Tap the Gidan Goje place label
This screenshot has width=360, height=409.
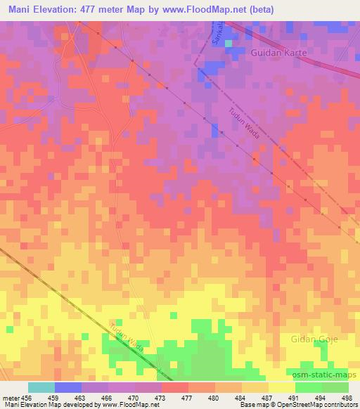click(314, 339)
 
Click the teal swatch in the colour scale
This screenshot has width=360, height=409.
click(41, 387)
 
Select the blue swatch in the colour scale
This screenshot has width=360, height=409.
click(68, 387)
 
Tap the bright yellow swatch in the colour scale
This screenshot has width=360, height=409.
click(282, 387)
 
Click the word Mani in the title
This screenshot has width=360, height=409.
click(23, 10)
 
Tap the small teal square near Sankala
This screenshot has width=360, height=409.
click(228, 44)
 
